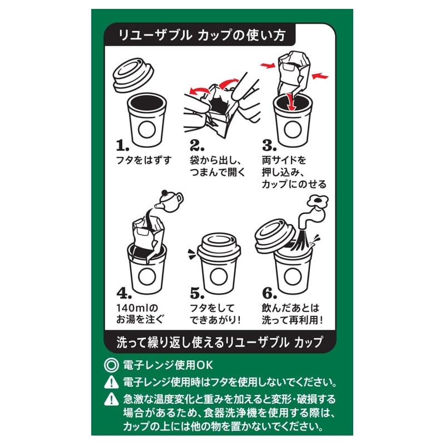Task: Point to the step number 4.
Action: click(x=123, y=293)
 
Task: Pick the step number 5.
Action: click(x=197, y=293)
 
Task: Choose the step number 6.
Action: click(x=269, y=293)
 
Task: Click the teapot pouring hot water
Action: click(x=170, y=201)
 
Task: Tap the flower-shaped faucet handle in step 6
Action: click(x=317, y=202)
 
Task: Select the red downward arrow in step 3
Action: click(x=291, y=102)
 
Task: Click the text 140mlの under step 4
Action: click(x=137, y=308)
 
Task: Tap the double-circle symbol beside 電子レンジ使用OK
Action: click(x=111, y=365)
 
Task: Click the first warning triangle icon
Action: click(x=111, y=382)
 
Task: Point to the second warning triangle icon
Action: click(x=111, y=399)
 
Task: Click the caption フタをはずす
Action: click(x=144, y=160)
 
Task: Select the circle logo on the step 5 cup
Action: click(x=219, y=276)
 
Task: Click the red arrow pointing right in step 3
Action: click(x=268, y=66)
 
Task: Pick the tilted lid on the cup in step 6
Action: click(x=275, y=236)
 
